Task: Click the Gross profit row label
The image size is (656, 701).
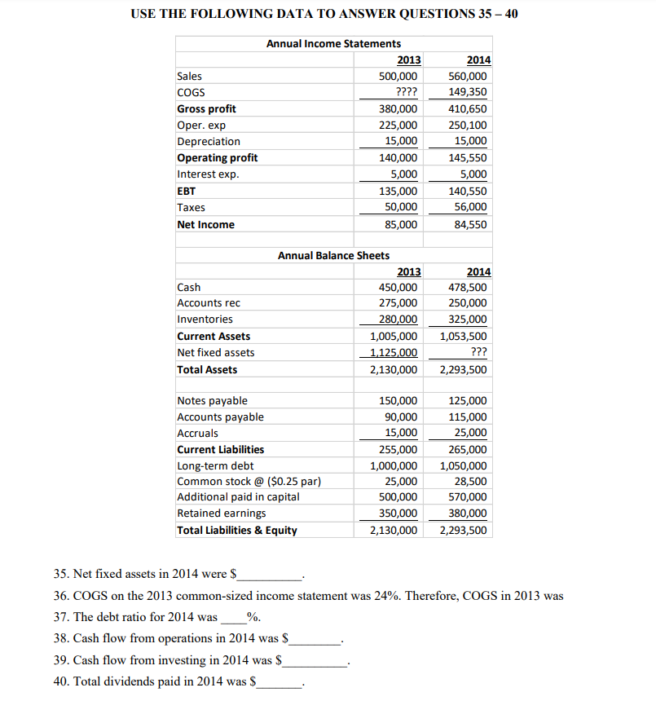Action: pos(207,109)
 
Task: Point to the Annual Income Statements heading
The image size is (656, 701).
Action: pos(333,43)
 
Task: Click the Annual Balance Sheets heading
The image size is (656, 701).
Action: pos(333,255)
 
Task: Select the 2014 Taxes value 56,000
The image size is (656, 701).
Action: pos(472,207)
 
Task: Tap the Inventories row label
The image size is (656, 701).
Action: pos(205,320)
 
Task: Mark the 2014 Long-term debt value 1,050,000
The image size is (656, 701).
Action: pos(464,465)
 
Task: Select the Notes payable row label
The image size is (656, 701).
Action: pos(212,400)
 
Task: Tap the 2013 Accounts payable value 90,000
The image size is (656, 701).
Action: pos(402,417)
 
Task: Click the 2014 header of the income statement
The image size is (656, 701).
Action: pos(478,60)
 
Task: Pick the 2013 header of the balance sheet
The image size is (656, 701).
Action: pos(409,271)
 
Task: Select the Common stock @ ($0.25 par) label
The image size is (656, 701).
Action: pos(249,481)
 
